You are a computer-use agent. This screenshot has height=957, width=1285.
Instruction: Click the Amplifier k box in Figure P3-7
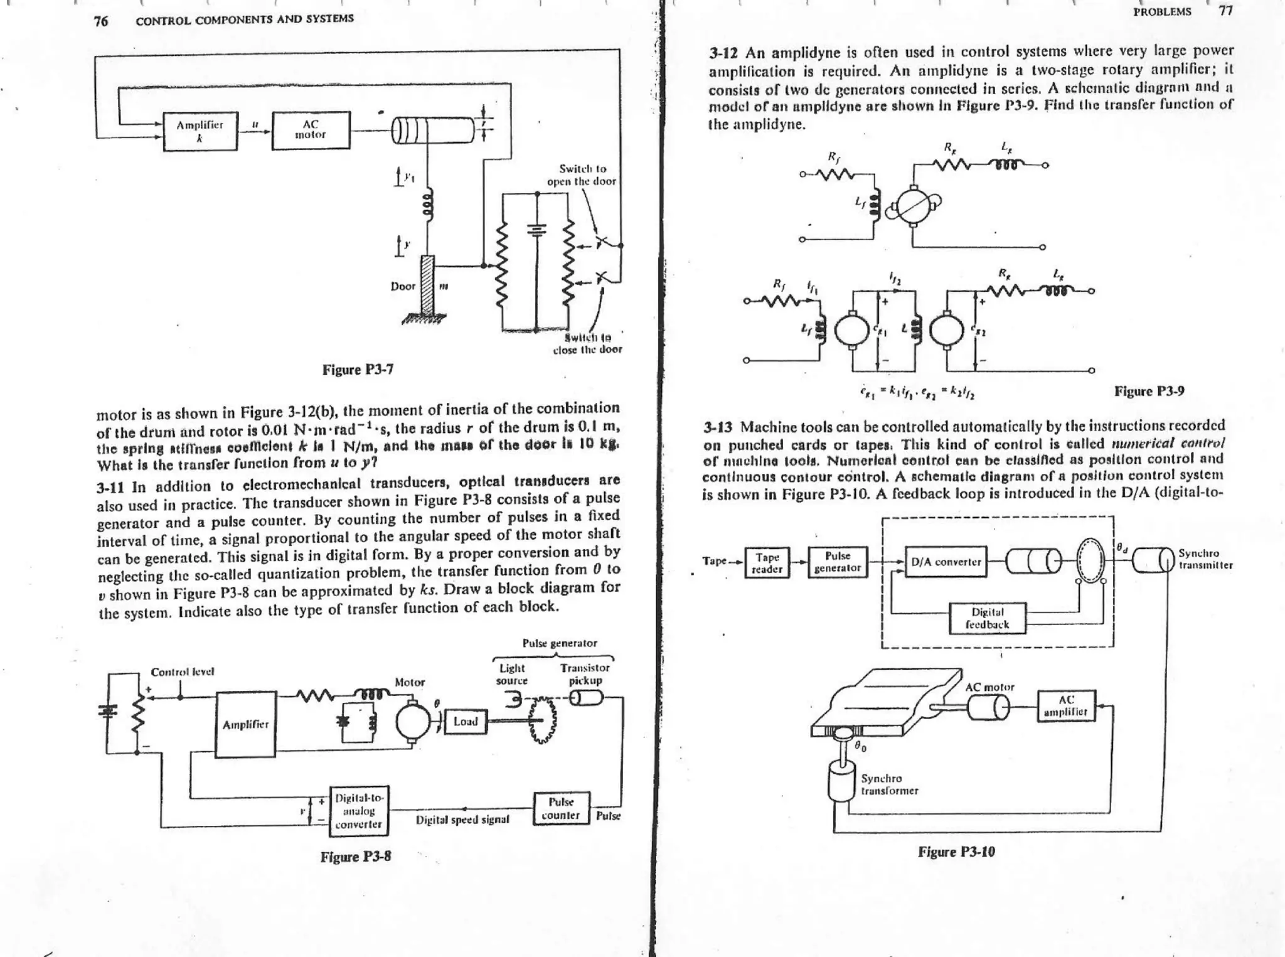coord(200,131)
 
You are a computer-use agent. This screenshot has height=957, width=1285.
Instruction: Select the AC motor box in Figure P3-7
coord(311,130)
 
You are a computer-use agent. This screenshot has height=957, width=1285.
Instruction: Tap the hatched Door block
coord(428,286)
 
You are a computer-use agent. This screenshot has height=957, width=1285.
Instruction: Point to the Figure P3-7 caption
coord(358,370)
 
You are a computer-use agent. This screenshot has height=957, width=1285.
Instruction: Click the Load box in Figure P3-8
coord(465,722)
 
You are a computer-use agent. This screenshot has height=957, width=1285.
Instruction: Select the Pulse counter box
coord(561,809)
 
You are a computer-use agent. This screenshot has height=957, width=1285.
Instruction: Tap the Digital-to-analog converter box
coord(359,811)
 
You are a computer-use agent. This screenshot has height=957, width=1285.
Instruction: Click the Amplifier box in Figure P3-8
coord(246,724)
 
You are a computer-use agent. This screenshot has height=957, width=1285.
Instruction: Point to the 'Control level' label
coord(183,671)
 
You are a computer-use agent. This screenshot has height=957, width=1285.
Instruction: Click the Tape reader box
coord(767,563)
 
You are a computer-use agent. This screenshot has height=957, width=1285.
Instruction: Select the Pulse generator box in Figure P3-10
coord(838,562)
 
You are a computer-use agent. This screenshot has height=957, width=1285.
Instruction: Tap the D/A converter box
coord(946,562)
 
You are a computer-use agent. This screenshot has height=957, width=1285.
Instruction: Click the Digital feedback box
coord(987,618)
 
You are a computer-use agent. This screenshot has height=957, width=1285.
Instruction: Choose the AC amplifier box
coord(1066,706)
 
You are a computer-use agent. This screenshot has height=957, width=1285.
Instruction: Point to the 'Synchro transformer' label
coord(889,784)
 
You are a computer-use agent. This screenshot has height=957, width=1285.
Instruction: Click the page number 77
coord(1226,11)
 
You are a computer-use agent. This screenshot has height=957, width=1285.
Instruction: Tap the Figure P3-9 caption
coord(1149,392)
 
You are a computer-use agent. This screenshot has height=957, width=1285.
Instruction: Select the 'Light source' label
coord(511,675)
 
